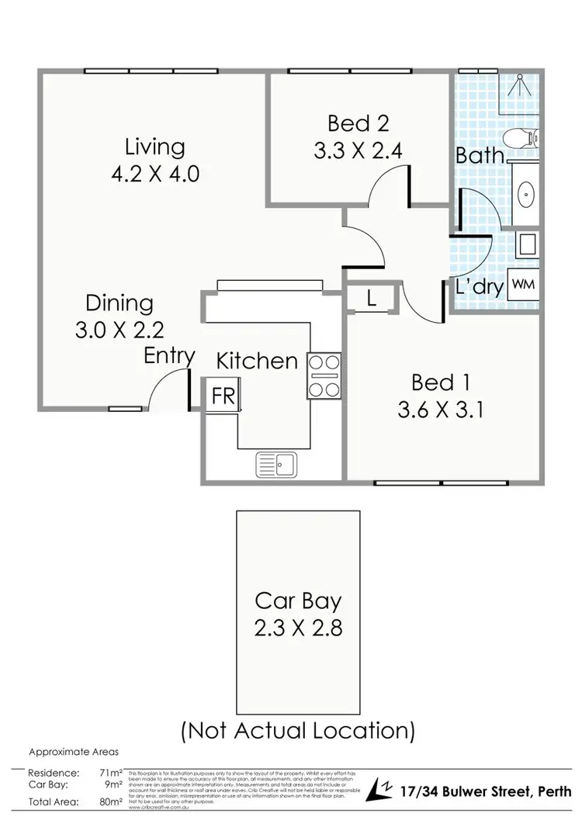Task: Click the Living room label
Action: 155,147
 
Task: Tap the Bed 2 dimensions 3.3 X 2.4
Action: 358,151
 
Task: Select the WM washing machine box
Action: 523,285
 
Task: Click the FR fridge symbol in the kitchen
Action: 223,394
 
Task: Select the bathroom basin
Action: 525,192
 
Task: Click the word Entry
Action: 169,356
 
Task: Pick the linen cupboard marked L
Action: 372,299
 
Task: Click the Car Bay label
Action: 298,601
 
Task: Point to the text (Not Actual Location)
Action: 298,729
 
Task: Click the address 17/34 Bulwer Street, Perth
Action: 487,790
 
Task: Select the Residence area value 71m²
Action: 110,773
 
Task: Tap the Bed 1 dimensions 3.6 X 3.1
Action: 440,409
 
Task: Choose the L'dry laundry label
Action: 480,287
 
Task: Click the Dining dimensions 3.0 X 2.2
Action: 120,330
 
